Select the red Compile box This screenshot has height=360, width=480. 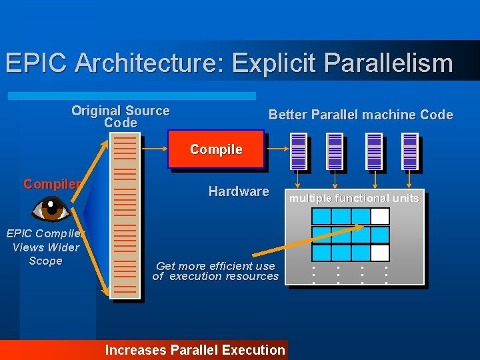[x=215, y=149]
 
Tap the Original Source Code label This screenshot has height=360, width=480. [x=121, y=117]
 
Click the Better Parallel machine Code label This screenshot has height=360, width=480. [x=360, y=115]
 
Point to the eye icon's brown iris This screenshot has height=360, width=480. [x=51, y=209]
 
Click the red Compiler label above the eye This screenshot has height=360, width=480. [x=53, y=185]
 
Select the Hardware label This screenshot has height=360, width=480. [x=239, y=191]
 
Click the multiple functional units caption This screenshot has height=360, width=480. [x=354, y=198]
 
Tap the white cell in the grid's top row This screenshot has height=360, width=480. [x=379, y=216]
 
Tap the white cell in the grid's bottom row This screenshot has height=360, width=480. [x=379, y=253]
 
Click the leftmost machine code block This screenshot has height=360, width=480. [x=299, y=151]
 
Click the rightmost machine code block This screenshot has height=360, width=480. [x=410, y=151]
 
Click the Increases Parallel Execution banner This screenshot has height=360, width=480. [x=195, y=350]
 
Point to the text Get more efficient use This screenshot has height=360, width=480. [x=215, y=266]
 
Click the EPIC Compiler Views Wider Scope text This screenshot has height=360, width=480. [x=45, y=247]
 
